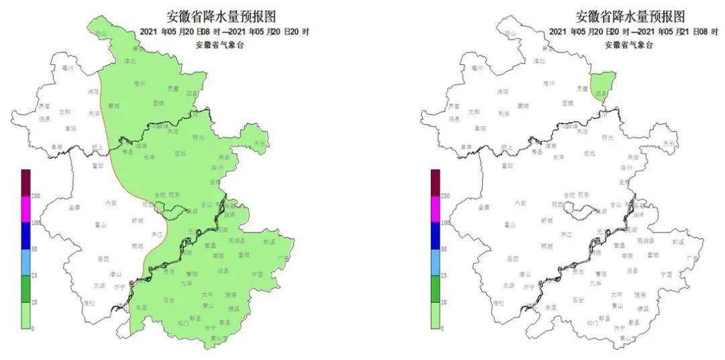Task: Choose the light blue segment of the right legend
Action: point(435,263)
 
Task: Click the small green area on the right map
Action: point(603,85)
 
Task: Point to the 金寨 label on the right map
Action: point(484,208)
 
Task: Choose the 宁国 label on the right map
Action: point(666,274)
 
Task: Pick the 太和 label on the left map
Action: point(65,112)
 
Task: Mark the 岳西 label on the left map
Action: point(103,258)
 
